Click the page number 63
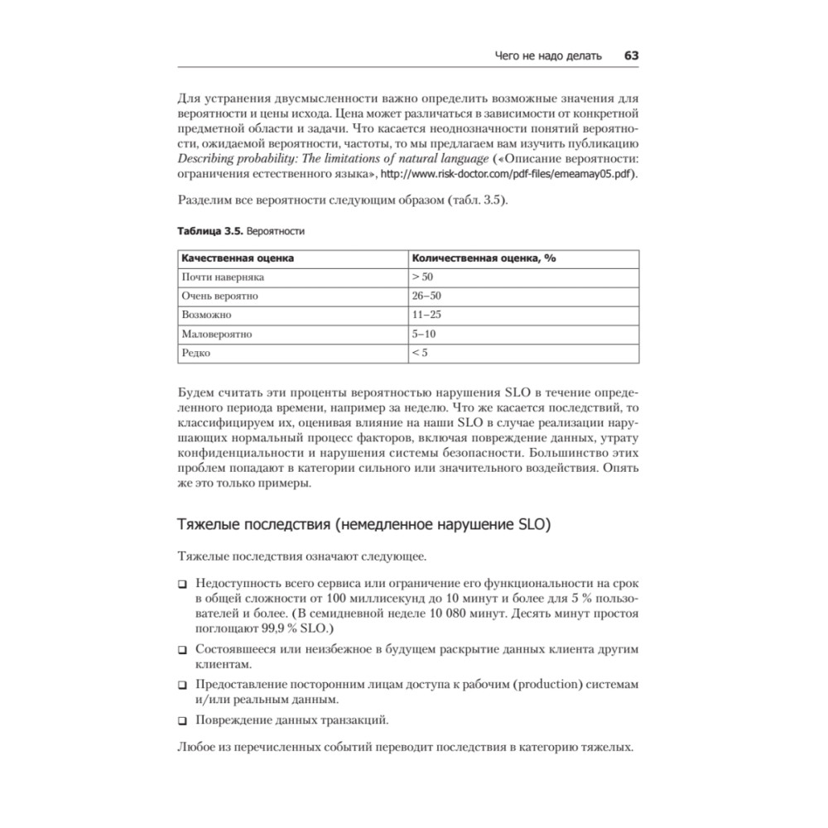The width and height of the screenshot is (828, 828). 631,55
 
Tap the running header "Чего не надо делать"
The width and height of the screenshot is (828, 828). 547,55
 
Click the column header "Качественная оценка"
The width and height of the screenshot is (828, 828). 238,258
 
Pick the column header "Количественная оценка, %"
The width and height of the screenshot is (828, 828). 484,258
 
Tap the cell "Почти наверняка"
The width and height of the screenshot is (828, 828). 223,277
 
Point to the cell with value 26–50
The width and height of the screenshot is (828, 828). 426,296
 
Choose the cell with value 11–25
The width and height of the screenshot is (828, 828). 426,315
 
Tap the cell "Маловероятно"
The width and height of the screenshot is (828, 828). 217,335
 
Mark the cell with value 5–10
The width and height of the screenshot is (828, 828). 423,335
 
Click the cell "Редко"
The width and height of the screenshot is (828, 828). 197,354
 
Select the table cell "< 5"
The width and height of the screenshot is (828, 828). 419,354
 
